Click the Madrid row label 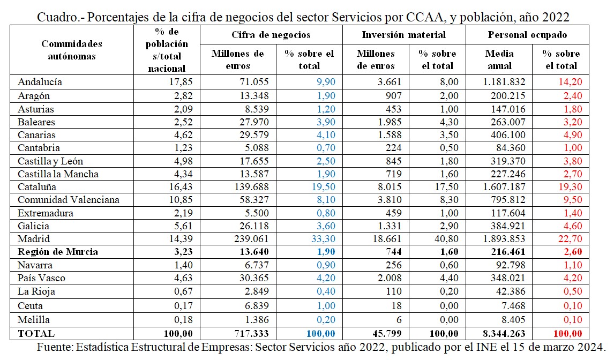pyautogui.click(x=34, y=238)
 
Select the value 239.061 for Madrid pyautogui.click(x=251, y=238)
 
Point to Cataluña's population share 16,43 pyautogui.click(x=181, y=186)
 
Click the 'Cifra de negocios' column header pyautogui.click(x=271, y=35)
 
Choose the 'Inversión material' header pyautogui.click(x=404, y=35)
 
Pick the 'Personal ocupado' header pyautogui.click(x=527, y=35)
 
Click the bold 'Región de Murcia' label pyautogui.click(x=57, y=251)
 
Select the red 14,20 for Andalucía pyautogui.click(x=570, y=82)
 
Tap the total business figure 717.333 pyautogui.click(x=251, y=334)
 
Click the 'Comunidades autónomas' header pyautogui.click(x=72, y=50)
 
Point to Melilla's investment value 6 pyautogui.click(x=399, y=320)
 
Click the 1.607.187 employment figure pyautogui.click(x=504, y=186)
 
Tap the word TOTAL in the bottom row pyautogui.click(x=36, y=334)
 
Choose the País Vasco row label pyautogui.click(x=41, y=277)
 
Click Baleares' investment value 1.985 pyautogui.click(x=390, y=122)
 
